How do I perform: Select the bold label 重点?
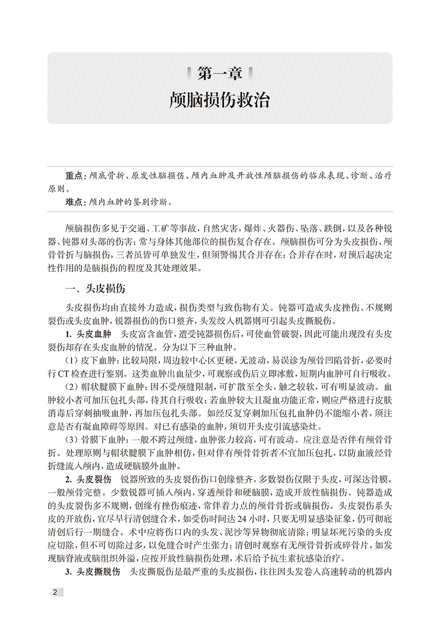pos(74,177)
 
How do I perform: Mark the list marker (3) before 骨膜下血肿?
pos(71,440)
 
